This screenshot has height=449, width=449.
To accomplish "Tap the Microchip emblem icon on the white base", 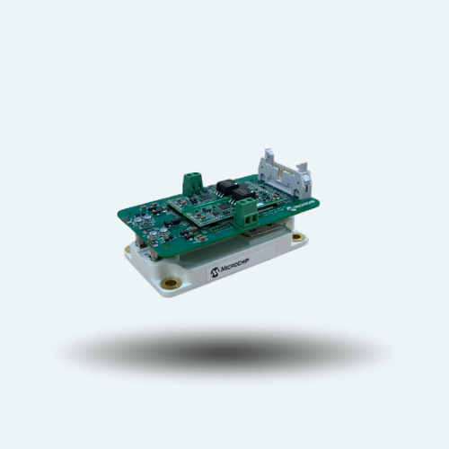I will [215, 271].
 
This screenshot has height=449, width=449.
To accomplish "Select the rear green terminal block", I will [193, 184].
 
